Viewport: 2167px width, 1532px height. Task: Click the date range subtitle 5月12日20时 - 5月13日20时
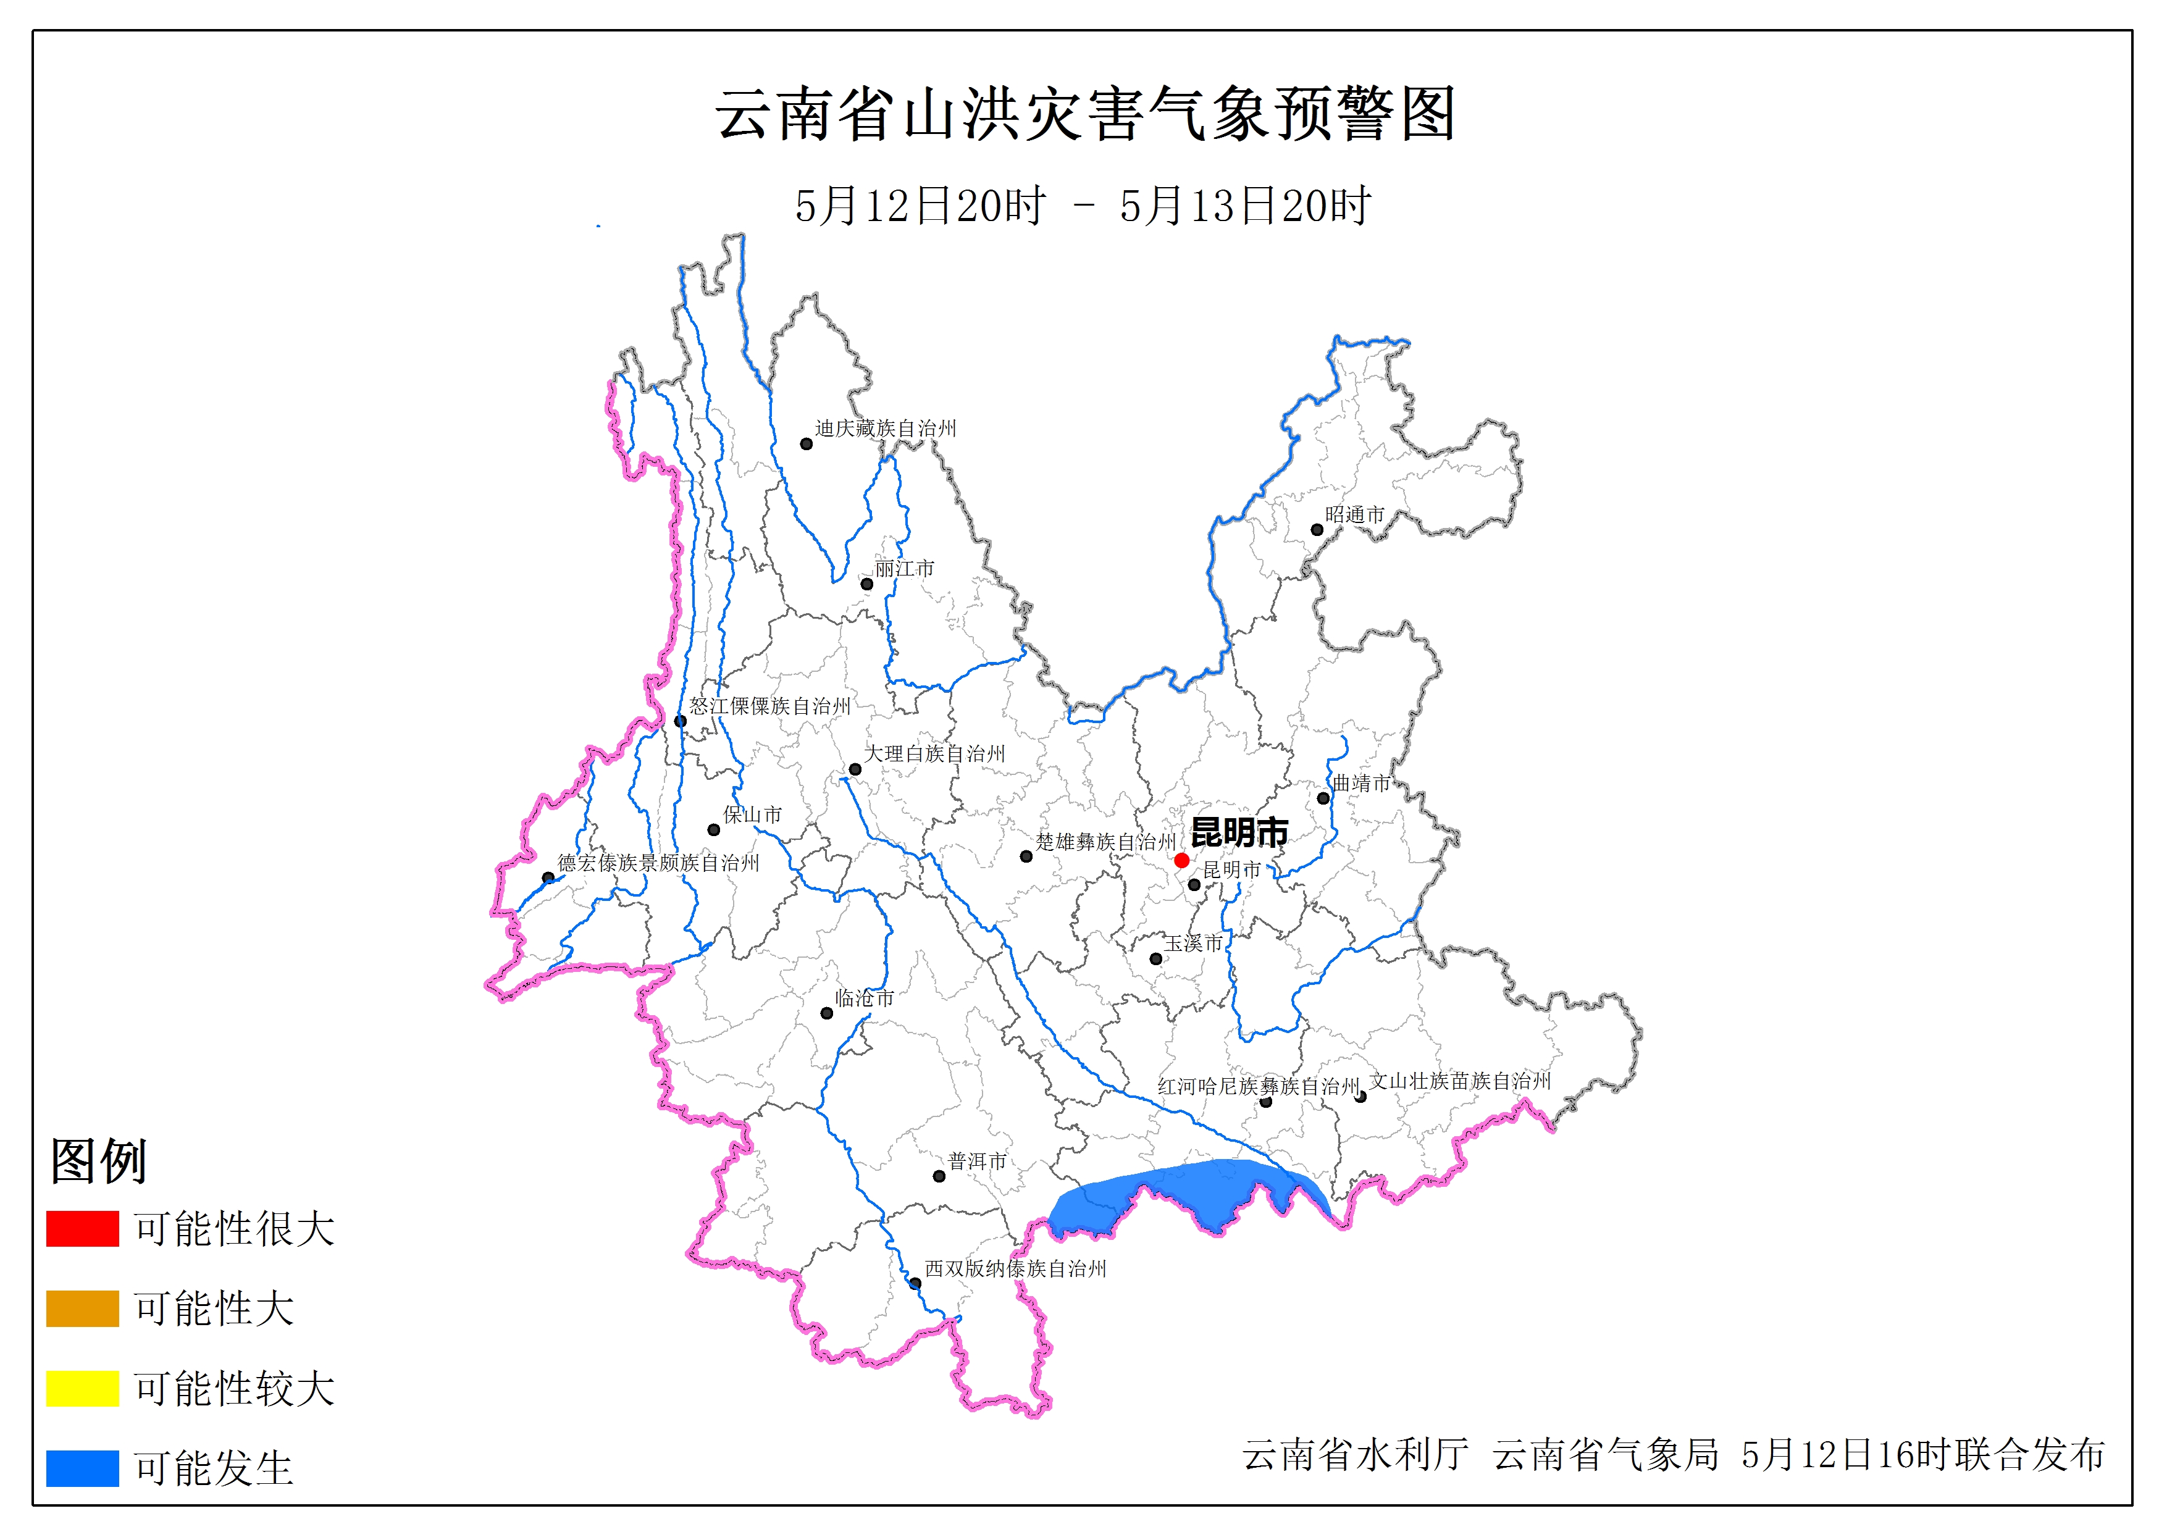[1083, 206]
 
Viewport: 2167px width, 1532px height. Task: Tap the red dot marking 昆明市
[1181, 860]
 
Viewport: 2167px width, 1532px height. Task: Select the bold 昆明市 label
[1239, 832]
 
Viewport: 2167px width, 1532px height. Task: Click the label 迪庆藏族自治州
[886, 429]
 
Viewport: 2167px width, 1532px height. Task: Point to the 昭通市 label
[1354, 514]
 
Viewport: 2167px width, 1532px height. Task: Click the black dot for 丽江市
[866, 584]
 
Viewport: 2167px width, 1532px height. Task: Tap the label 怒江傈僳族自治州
[769, 706]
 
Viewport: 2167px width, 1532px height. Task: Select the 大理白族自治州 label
[934, 753]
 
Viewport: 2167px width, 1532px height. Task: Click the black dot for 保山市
[713, 830]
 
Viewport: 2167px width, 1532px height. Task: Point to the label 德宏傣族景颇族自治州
[658, 863]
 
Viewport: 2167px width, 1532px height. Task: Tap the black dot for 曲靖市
[1323, 798]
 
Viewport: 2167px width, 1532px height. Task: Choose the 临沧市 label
[863, 998]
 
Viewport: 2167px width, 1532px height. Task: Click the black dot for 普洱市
[939, 1176]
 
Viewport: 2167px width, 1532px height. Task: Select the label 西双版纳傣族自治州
[1015, 1269]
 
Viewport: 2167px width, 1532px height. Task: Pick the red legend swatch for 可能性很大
[82, 1229]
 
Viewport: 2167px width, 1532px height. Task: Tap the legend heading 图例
[98, 1160]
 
